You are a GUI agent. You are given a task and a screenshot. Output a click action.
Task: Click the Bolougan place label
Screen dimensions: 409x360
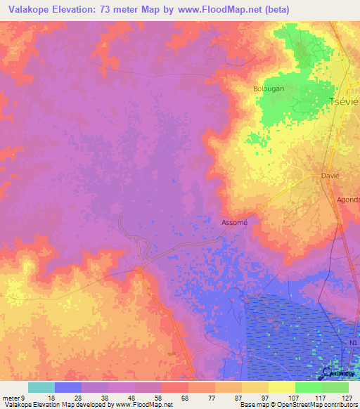pyautogui.click(x=268, y=89)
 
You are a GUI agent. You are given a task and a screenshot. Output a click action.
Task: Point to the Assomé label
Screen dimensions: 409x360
pyautogui.click(x=235, y=222)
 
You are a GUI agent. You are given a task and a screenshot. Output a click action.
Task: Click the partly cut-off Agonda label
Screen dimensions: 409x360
pyautogui.click(x=347, y=200)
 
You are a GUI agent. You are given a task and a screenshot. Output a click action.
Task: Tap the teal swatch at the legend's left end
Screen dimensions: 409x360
pyautogui.click(x=41, y=387)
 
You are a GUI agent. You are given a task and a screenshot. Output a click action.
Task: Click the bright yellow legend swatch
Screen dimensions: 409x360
pyautogui.click(x=281, y=387)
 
